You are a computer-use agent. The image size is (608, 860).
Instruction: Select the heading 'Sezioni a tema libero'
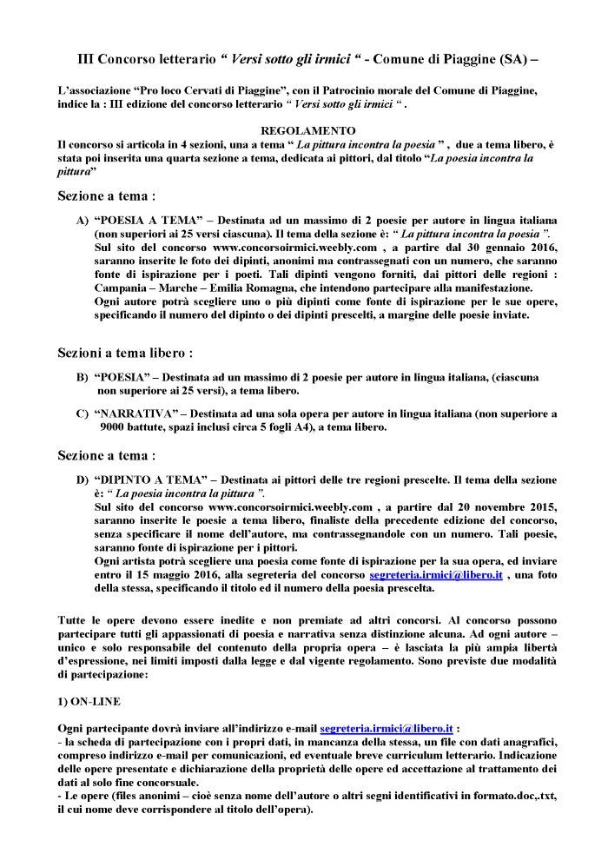[125, 354]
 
